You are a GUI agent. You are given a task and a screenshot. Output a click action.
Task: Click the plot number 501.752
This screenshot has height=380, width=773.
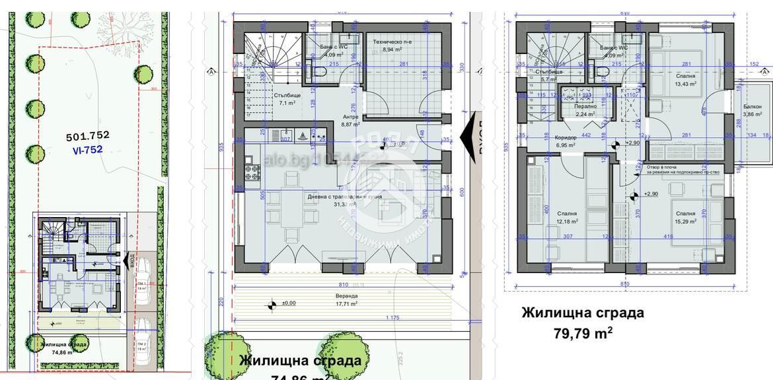(87, 137)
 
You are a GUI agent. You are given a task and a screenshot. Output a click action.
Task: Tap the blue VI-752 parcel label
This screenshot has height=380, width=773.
(87, 150)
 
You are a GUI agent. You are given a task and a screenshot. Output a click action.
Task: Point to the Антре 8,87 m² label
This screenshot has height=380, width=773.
(350, 120)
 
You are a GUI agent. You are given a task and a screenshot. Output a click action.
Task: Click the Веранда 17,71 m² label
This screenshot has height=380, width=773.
(346, 300)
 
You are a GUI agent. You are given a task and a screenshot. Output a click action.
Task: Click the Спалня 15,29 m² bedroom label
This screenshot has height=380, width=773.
(685, 217)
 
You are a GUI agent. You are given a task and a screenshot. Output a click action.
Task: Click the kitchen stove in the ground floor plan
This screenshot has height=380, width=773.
(252, 173)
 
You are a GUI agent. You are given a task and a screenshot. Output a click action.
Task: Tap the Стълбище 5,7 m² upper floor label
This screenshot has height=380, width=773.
(548, 75)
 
